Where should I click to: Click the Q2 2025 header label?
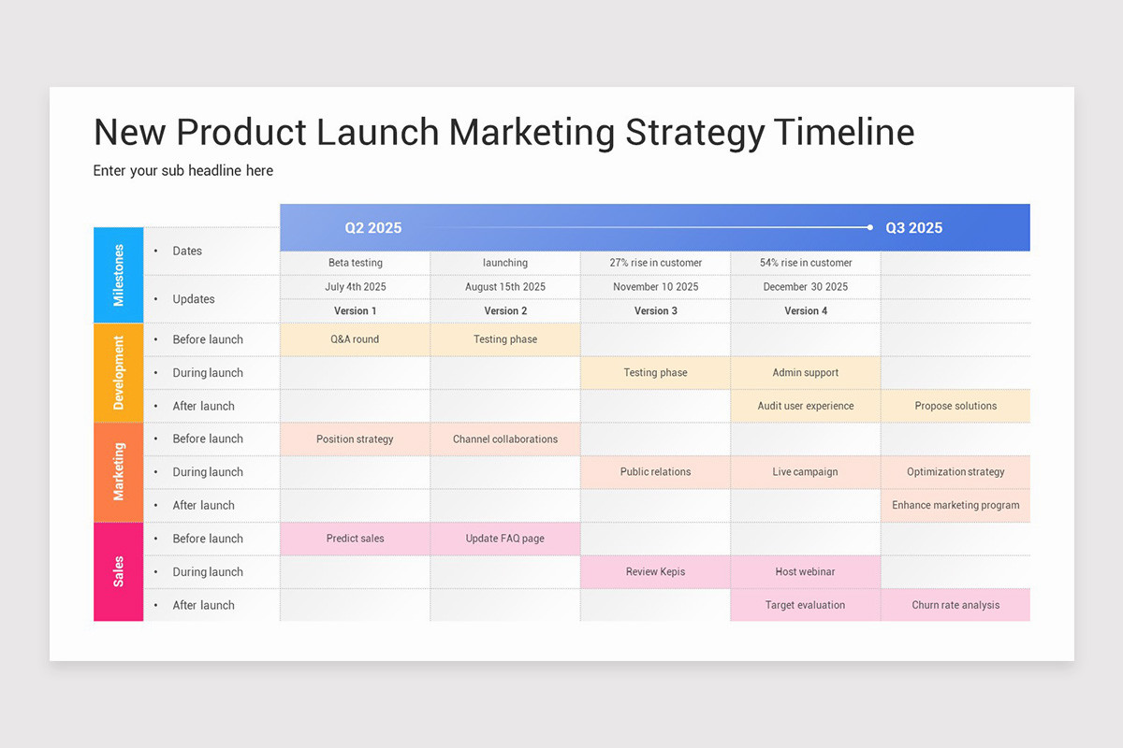point(372,228)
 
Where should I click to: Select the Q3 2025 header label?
point(913,228)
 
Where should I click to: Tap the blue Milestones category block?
point(119,275)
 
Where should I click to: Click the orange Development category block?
point(119,372)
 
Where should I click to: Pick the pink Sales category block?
point(119,571)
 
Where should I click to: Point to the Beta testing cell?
point(356,263)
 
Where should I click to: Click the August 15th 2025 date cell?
point(505,287)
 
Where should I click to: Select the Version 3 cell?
point(655,310)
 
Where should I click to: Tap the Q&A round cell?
point(356,339)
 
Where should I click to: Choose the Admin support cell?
point(805,372)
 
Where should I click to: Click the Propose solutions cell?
point(955,406)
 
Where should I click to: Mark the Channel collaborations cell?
point(505,439)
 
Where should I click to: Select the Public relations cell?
point(655,472)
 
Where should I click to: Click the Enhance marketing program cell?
point(955,505)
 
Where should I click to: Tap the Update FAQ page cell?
point(505,539)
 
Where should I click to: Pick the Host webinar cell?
point(805,571)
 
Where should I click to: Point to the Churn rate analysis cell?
point(955,605)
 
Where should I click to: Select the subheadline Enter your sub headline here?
point(183,170)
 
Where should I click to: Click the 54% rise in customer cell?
point(805,263)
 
